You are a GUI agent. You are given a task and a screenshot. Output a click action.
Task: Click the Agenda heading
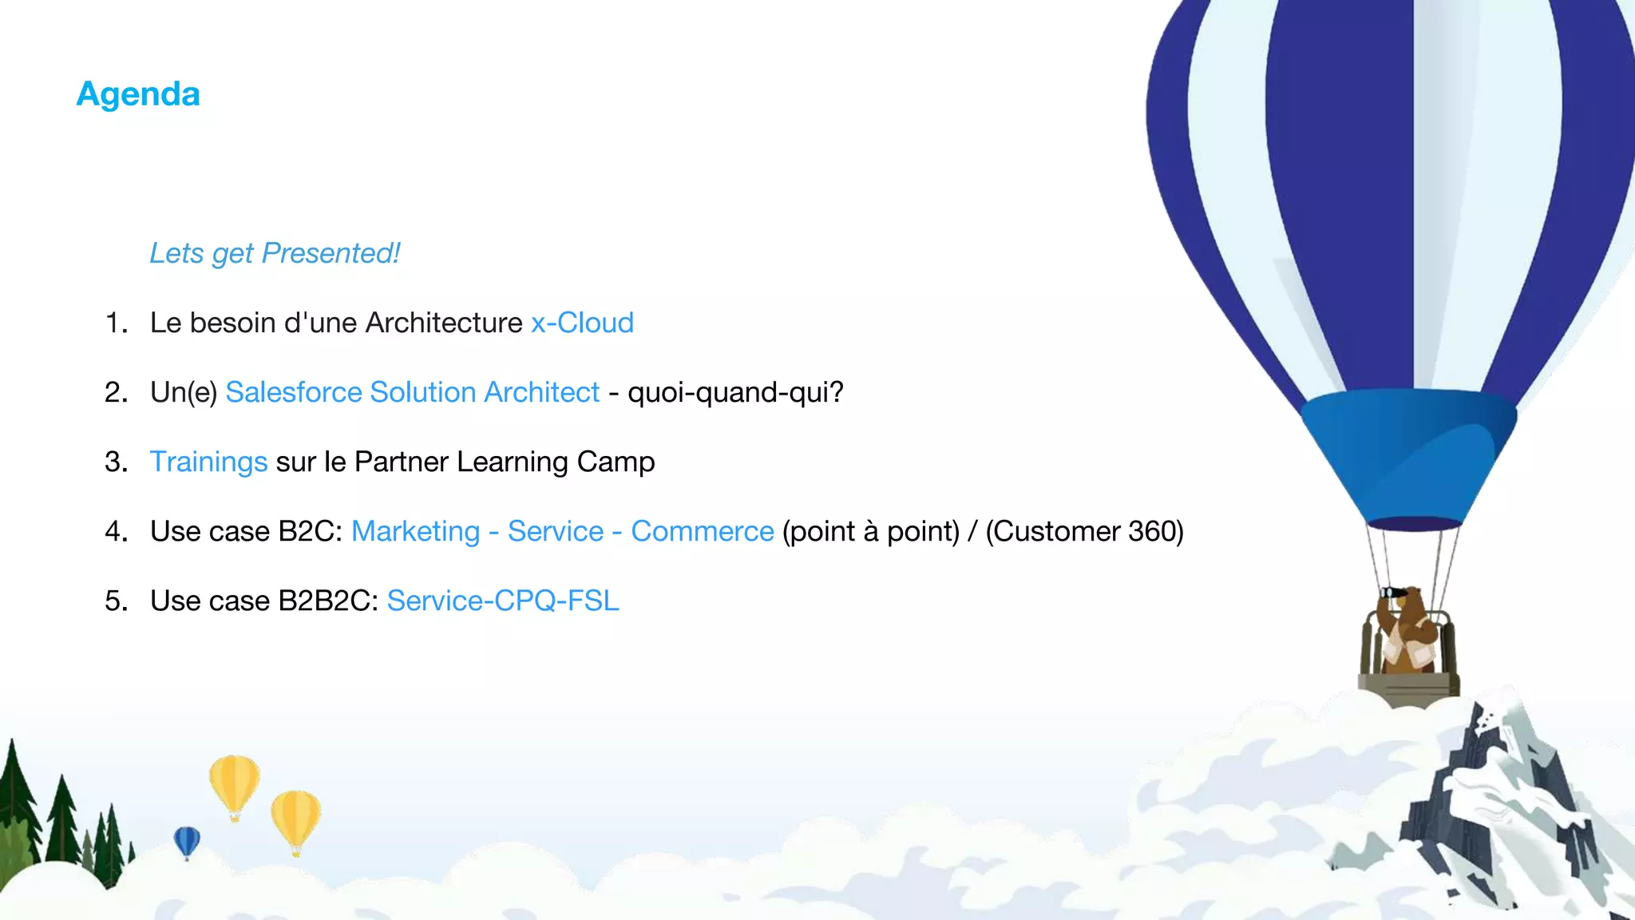(x=138, y=94)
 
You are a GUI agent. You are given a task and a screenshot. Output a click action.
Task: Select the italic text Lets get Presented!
(x=275, y=253)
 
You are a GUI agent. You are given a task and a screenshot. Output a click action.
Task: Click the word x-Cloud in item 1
(x=582, y=323)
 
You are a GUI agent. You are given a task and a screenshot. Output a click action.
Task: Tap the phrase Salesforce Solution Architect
(x=412, y=392)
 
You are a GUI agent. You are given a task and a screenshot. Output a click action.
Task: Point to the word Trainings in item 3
(x=208, y=462)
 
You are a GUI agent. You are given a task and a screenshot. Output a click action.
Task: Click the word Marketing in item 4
(x=415, y=531)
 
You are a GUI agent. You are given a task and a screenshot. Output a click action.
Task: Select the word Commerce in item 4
(x=702, y=531)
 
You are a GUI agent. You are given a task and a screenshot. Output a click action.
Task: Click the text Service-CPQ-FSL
(x=503, y=601)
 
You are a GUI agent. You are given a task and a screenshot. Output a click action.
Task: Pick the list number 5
(x=116, y=601)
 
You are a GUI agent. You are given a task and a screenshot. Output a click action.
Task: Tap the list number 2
(x=116, y=392)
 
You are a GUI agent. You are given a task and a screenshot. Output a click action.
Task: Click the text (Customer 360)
(x=1084, y=531)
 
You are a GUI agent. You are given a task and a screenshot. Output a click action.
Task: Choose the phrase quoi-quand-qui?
(x=735, y=392)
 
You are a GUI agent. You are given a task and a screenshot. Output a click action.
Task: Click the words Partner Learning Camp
(x=505, y=462)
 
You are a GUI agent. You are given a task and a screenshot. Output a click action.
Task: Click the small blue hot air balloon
(x=187, y=841)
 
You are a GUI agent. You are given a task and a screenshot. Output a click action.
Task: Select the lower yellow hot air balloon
(x=295, y=818)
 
